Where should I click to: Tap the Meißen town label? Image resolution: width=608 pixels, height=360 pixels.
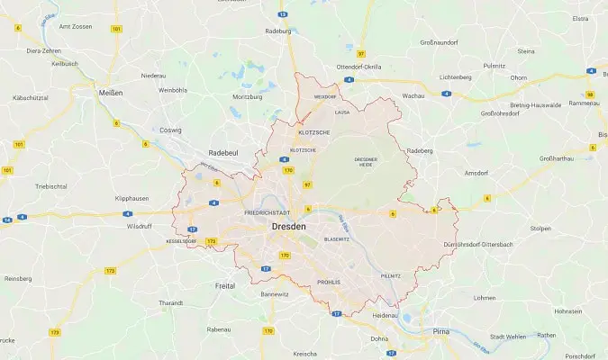pos(111,93)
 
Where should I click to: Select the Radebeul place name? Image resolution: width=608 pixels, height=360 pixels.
pos(223,153)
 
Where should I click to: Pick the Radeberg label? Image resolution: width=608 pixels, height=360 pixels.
pos(420,150)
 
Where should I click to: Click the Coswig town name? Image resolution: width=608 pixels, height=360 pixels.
pos(170,130)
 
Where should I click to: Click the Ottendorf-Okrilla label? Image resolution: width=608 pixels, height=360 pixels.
pos(358,67)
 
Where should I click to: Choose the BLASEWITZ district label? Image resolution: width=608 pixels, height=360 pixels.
pos(336,239)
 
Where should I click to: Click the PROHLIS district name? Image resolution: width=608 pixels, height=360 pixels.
pos(329,282)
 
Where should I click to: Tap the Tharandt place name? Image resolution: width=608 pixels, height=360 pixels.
pos(170,303)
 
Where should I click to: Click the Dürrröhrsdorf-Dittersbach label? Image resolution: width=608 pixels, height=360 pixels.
pos(491,244)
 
